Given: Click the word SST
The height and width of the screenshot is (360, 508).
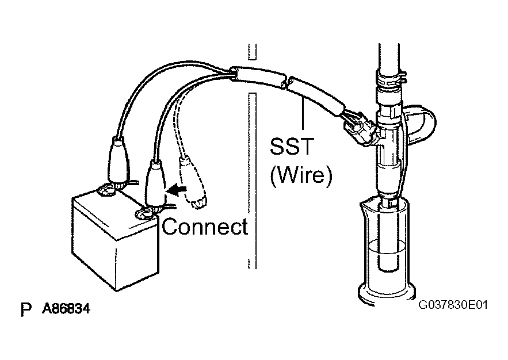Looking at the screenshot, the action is (292, 146).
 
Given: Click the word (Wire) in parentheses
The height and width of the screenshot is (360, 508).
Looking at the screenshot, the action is (301, 175).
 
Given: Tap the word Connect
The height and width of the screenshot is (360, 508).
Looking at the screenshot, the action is (205, 227).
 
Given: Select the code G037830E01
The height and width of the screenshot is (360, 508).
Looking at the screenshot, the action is (453, 305).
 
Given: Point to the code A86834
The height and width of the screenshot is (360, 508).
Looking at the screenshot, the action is (66, 309).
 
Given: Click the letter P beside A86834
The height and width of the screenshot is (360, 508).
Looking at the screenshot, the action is (26, 310).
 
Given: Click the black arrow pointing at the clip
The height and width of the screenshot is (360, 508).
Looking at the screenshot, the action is (176, 190).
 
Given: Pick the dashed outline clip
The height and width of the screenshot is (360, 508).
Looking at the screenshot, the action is (193, 182).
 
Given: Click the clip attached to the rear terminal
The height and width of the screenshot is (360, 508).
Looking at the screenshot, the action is (117, 162).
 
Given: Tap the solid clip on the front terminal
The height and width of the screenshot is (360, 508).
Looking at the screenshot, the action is (155, 185).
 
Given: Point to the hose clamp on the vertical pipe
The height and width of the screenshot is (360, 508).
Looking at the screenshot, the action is (391, 79).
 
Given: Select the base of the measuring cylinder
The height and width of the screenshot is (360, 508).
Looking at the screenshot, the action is (387, 293).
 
